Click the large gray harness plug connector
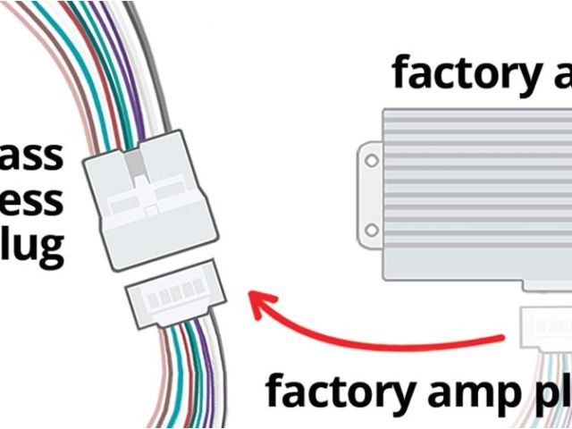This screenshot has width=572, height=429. (152, 200)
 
